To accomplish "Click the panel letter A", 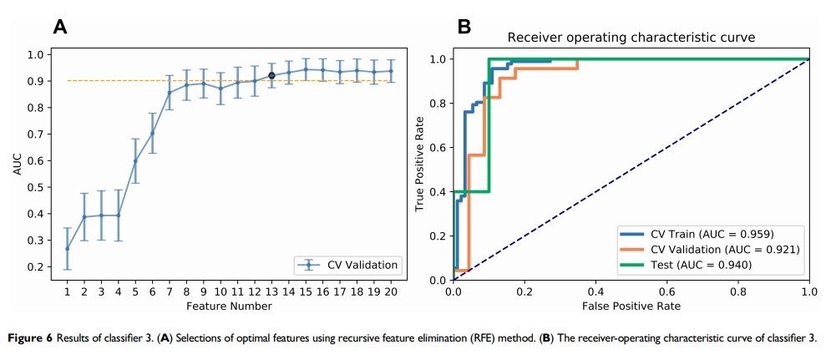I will [x=60, y=26].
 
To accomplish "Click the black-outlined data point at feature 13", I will [x=271, y=76].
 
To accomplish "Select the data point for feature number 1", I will [x=67, y=248].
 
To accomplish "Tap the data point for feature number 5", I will [x=135, y=161].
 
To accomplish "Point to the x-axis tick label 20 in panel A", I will [x=390, y=292].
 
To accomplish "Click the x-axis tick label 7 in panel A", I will [x=170, y=292].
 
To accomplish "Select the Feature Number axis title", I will [x=228, y=306].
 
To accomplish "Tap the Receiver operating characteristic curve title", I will [x=631, y=38].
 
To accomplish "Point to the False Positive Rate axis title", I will [x=631, y=307].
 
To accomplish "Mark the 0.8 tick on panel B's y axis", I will [x=437, y=104].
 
